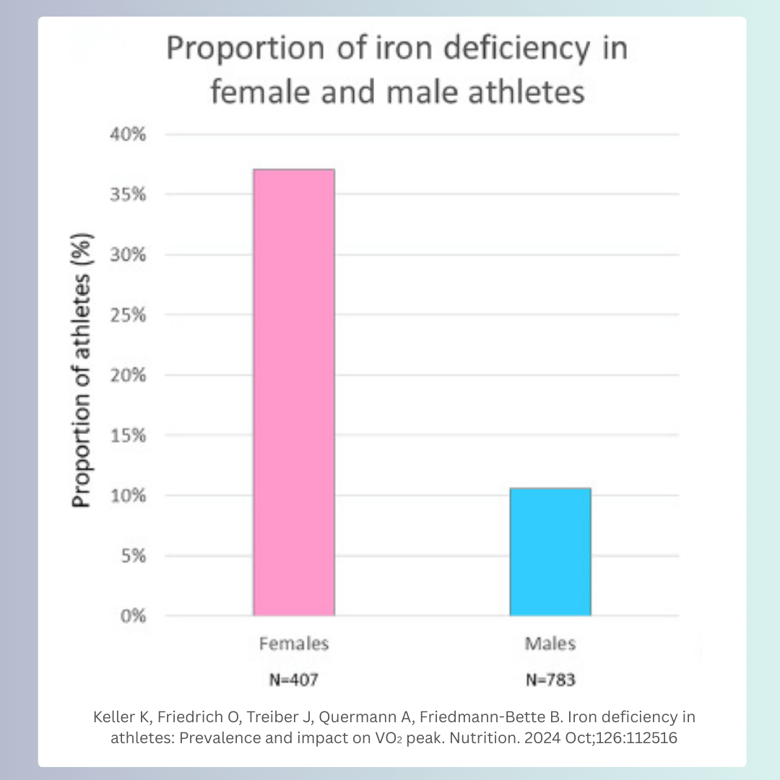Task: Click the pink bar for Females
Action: point(293,392)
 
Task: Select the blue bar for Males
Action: point(550,552)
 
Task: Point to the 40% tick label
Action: point(131,135)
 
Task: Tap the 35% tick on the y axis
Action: point(131,195)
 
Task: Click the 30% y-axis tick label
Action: point(131,255)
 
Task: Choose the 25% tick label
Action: point(131,316)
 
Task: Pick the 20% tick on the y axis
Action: point(131,376)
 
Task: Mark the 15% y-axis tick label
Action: point(131,435)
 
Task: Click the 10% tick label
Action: point(131,496)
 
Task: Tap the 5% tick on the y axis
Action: point(135,556)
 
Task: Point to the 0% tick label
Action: point(135,616)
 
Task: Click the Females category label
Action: point(293,643)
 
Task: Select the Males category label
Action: point(550,643)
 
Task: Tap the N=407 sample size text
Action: point(293,680)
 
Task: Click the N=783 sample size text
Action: point(550,680)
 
